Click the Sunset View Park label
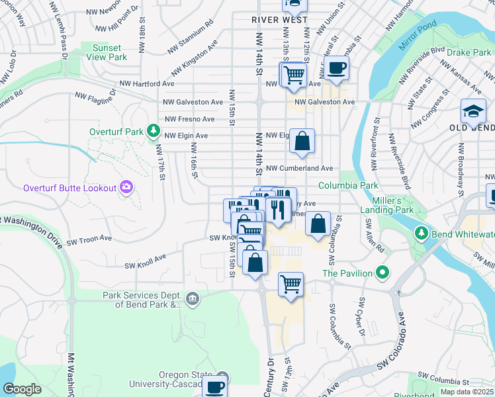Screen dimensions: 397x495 pos(106,52)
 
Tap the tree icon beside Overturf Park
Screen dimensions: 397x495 pos(154,130)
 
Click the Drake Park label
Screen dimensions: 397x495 pos(467,52)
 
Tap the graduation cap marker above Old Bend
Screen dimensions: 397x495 pos(474,110)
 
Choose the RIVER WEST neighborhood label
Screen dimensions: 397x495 pos(279,20)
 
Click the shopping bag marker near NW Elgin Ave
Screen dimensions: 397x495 pos(302,141)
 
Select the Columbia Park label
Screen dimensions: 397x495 pos(348,185)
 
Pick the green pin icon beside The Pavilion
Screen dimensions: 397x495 pos(382,272)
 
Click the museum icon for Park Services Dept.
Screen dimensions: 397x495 pos(193,299)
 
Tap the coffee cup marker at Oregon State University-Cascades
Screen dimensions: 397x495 pos(214,387)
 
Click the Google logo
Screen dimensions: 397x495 pos(22,389)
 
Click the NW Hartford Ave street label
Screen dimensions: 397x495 pos(146,84)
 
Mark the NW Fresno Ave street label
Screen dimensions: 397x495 pos(189,119)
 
